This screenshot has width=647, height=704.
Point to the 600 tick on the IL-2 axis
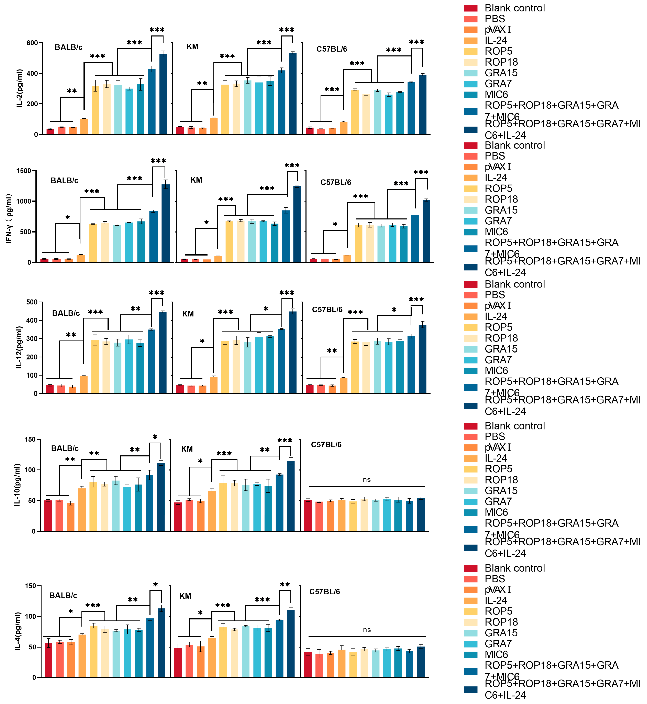[32, 43]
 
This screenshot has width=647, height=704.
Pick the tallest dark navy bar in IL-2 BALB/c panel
[163, 94]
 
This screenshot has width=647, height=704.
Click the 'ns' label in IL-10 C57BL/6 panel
[367, 480]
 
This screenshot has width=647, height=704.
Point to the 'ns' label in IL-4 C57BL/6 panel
[367, 630]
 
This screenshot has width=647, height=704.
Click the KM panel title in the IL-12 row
[188, 314]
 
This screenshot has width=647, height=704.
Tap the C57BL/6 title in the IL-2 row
[332, 49]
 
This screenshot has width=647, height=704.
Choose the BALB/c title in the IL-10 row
[65, 448]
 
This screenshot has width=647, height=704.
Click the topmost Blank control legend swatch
[471, 8]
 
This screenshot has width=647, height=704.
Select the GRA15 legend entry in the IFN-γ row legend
[501, 210]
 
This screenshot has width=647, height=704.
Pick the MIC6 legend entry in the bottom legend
[496, 654]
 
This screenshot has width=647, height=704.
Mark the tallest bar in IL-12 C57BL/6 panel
[423, 359]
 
